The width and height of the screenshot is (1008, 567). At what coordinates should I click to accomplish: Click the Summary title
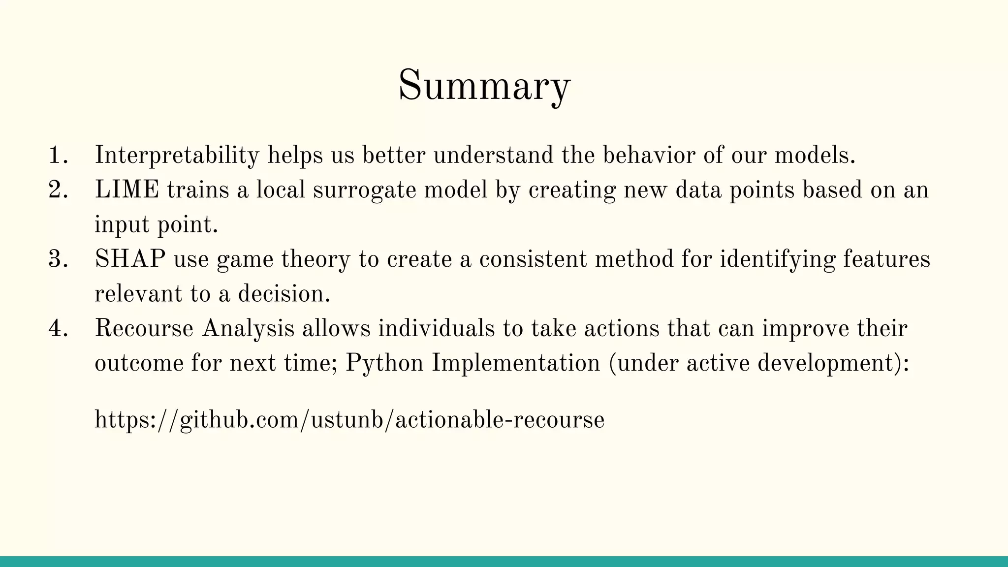click(x=484, y=86)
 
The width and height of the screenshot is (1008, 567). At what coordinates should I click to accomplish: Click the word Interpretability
click(x=177, y=156)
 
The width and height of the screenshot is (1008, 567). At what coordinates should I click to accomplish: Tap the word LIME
click(x=127, y=190)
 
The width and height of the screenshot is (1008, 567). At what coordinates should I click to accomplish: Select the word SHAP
click(x=130, y=259)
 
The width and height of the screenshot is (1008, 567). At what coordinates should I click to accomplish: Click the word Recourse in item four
click(x=144, y=329)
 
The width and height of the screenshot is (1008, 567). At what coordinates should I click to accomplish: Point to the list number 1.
click(x=58, y=156)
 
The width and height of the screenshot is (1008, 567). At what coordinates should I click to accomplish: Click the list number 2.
click(x=58, y=190)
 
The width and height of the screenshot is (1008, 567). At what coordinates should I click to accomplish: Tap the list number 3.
click(x=58, y=259)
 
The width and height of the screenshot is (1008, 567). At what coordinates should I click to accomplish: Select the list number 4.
click(x=58, y=329)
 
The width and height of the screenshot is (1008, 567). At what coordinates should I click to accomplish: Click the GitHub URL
click(x=349, y=420)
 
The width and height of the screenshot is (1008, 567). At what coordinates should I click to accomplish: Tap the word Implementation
click(x=516, y=363)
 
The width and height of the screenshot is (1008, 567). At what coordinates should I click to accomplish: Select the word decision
click(x=284, y=294)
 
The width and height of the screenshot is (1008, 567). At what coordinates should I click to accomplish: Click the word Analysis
click(x=248, y=329)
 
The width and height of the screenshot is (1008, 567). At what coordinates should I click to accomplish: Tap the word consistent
click(x=533, y=259)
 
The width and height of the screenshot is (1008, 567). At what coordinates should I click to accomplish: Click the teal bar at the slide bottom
click(x=504, y=562)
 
